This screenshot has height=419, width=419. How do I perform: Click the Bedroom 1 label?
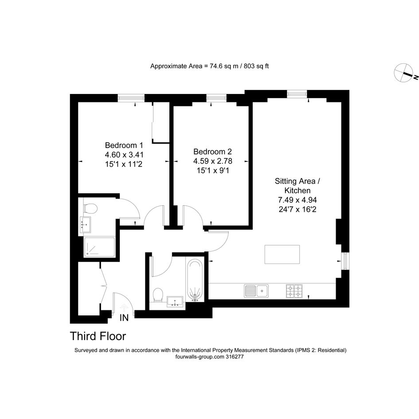[x=124, y=145]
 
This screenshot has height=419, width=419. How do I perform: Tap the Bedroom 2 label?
[x=212, y=152]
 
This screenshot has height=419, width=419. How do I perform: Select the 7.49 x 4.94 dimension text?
[x=298, y=200]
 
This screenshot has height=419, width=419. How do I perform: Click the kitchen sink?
[x=256, y=291]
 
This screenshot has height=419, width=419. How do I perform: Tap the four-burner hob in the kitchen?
[x=294, y=291]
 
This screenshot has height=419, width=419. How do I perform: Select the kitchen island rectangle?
[x=282, y=255]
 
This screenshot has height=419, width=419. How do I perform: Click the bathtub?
[x=195, y=280]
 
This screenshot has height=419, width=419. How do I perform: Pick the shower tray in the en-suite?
[x=99, y=247]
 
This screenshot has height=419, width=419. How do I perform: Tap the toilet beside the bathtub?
[x=158, y=295]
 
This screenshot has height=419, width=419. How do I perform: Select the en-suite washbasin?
[x=85, y=225]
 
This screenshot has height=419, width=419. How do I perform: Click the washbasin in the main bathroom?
[x=175, y=302]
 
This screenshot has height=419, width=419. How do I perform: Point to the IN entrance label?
[x=124, y=318]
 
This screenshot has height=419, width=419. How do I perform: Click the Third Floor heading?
[x=98, y=336]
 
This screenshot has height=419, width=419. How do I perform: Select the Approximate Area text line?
[x=209, y=66]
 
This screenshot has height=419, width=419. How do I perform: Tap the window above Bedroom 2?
[x=216, y=98]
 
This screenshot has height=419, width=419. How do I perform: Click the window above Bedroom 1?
[x=131, y=98]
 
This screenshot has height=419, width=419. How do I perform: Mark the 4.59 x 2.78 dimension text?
[x=213, y=161]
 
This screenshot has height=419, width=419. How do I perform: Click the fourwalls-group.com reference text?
[x=209, y=356]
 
